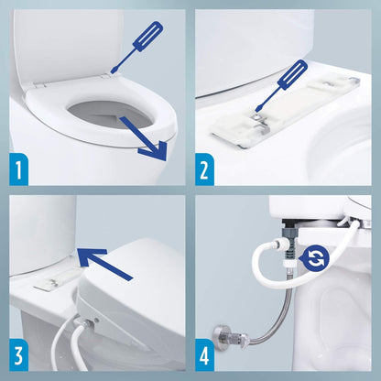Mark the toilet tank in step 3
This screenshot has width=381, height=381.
(41, 234)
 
